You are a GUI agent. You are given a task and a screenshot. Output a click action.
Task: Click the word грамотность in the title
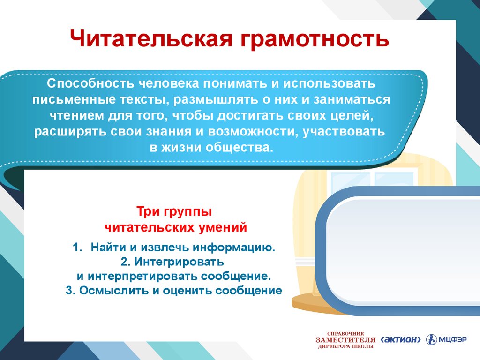coord(315,40)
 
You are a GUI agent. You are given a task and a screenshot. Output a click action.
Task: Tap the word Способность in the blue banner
coord(90,83)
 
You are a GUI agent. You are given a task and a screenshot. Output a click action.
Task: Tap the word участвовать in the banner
coord(344,132)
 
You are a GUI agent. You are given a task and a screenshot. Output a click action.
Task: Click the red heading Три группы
coord(174,211)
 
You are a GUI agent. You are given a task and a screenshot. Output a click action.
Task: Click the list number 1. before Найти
coord(78,247)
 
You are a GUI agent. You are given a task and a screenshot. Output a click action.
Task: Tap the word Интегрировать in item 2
coord(179,262)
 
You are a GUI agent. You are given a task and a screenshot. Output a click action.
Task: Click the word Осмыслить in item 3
coord(114,291)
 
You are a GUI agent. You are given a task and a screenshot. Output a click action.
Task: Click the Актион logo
coord(400,339)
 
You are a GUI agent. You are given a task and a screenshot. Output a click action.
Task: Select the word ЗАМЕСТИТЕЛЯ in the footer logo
coord(345,340)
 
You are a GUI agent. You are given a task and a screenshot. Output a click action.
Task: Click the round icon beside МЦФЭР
coord(432,339)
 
